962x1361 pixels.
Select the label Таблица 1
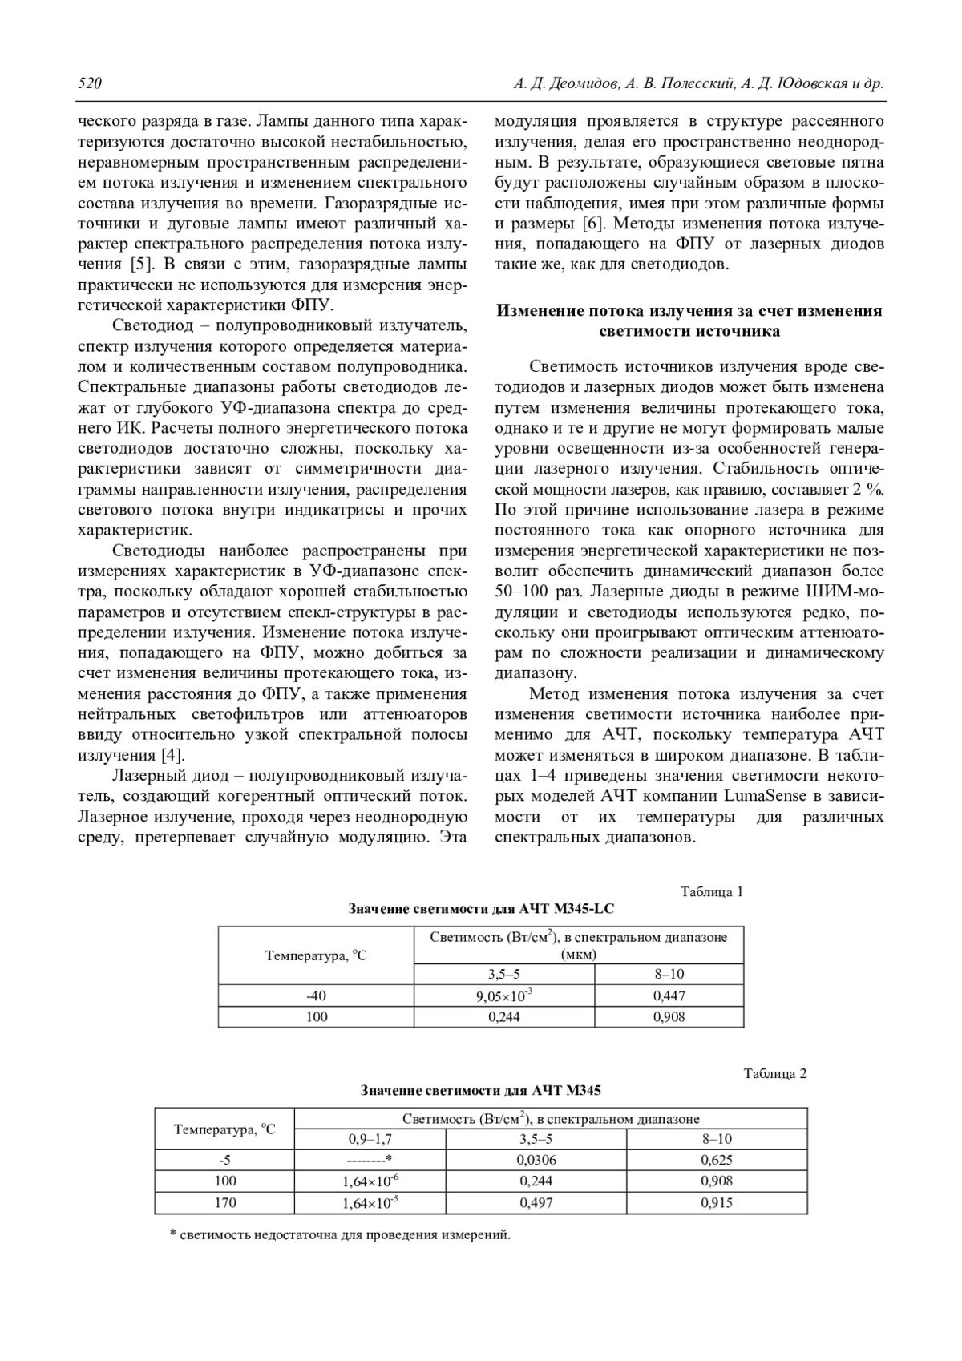[x=712, y=891]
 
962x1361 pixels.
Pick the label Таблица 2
[x=775, y=1073]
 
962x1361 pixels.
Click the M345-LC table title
[x=481, y=909]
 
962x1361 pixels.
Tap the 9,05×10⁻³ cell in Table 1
[x=504, y=996]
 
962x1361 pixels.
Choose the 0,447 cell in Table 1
[x=669, y=996]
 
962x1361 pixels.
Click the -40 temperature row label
[x=316, y=996]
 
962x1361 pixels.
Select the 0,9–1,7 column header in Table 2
[x=370, y=1139]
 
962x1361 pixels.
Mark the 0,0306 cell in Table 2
[x=537, y=1160]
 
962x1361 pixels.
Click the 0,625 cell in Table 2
[x=717, y=1160]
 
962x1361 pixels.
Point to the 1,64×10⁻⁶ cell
[x=370, y=1181]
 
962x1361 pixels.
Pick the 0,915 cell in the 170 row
[x=717, y=1203]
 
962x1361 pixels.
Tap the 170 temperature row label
[x=224, y=1203]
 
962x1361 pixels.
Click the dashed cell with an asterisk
[x=370, y=1160]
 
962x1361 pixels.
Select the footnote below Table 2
[x=340, y=1235]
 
